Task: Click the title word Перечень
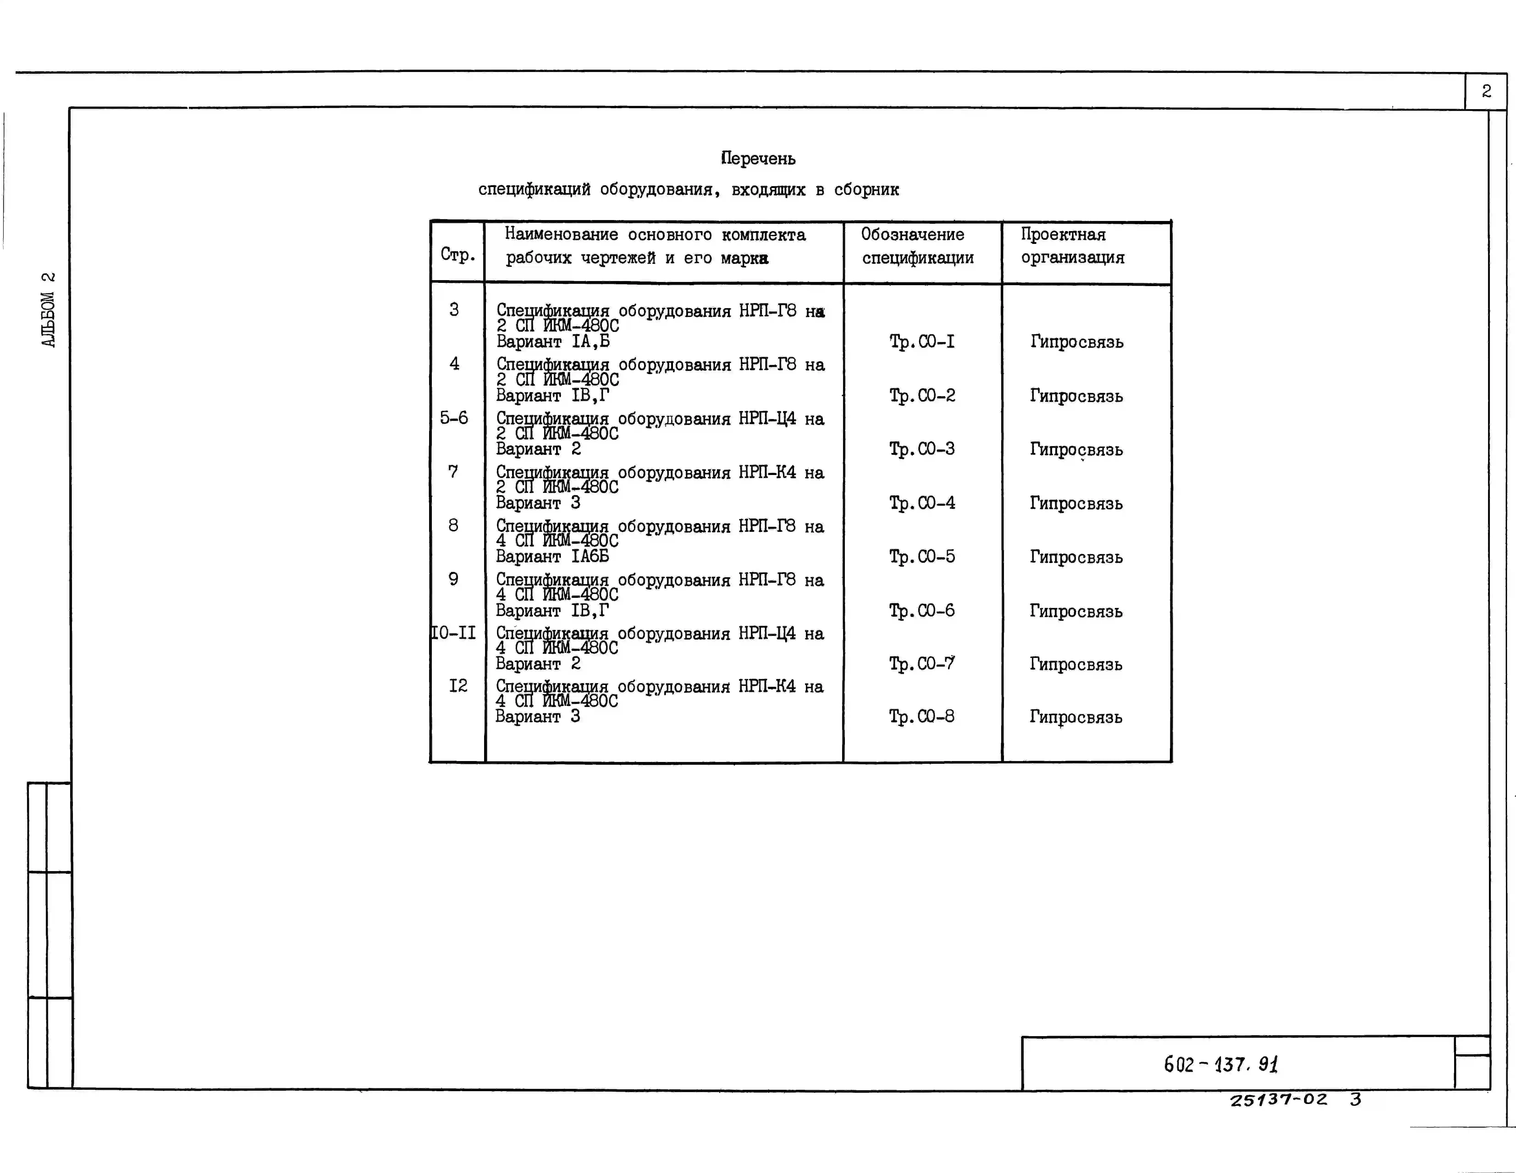coord(758,159)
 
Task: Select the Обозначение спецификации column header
coord(918,246)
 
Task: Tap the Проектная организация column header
coord(1072,246)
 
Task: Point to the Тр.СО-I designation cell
coord(922,342)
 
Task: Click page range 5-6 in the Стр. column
coord(454,418)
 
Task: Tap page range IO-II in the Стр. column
coord(453,633)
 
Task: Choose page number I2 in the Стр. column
coord(458,686)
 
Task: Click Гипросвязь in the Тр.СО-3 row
coord(1076,450)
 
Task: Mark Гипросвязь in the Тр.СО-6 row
coord(1076,612)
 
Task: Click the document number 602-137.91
coord(1221,1064)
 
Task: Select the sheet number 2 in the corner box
coord(1486,91)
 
